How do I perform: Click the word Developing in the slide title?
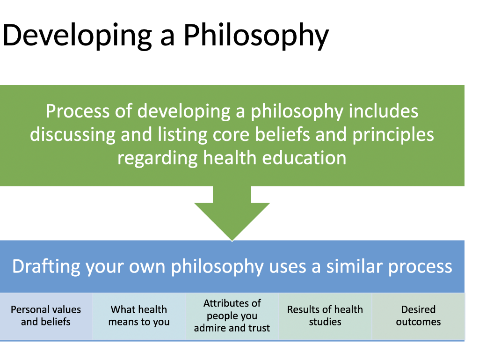[x=77, y=36]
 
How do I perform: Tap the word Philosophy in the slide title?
[x=256, y=36]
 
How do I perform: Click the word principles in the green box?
[x=393, y=134]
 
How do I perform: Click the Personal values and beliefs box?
[x=46, y=316]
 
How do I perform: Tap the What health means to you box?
[x=139, y=316]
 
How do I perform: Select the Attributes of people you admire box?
[x=232, y=316]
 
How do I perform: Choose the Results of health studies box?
[x=325, y=316]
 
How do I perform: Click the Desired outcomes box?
[x=418, y=316]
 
